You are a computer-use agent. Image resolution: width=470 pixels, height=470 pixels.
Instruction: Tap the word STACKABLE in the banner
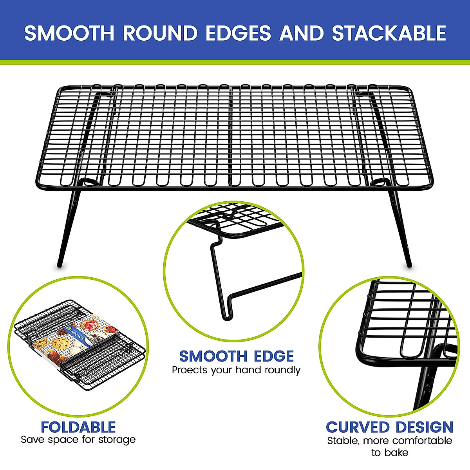[x=389, y=33]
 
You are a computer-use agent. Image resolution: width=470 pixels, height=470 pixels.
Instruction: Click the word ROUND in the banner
[x=160, y=33]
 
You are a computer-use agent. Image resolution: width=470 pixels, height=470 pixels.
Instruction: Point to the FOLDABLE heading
[x=78, y=427]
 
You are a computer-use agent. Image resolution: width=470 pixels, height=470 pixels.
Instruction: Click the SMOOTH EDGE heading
[x=236, y=356]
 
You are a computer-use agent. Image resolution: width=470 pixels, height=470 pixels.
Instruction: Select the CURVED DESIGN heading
[x=389, y=427]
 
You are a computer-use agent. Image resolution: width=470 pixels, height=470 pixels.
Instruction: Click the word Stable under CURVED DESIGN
[x=343, y=441]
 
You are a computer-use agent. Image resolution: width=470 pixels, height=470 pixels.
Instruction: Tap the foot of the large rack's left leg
[x=60, y=265]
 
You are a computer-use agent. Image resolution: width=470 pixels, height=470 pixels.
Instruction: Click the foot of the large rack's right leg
[x=409, y=265]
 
